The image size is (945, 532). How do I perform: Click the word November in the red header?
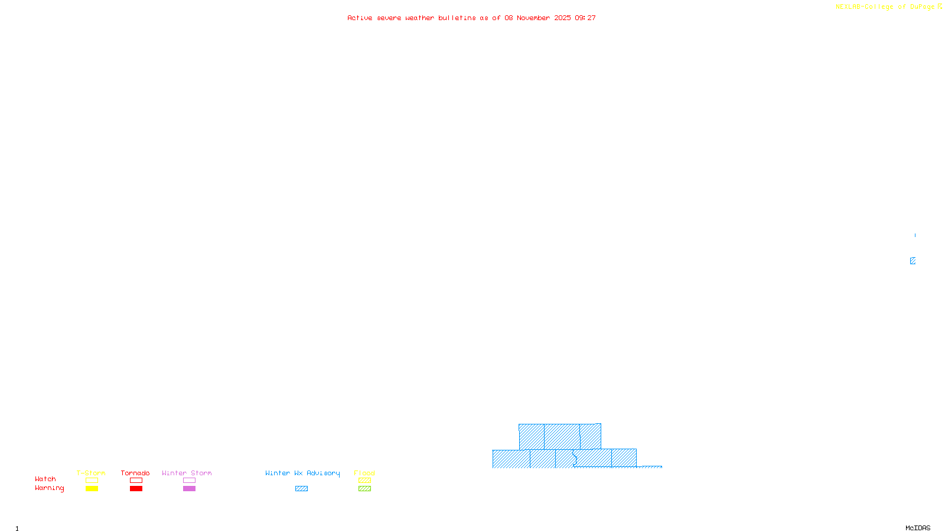(533, 18)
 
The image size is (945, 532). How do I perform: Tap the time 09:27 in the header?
(585, 18)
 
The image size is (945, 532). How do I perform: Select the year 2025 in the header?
(562, 18)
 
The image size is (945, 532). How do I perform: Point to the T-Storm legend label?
(91, 473)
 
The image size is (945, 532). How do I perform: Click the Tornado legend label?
(135, 473)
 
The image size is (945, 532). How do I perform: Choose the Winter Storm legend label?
(187, 473)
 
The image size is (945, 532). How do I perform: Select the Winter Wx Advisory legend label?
(302, 473)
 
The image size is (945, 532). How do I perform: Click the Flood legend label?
(364, 473)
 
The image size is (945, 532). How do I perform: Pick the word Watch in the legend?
(45, 479)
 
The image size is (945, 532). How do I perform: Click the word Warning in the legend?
(49, 488)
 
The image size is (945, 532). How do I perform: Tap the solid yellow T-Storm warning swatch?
(92, 489)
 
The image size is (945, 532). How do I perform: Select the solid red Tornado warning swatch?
(136, 489)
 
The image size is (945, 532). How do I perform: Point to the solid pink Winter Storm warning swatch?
(189, 489)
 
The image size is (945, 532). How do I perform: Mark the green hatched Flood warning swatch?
(364, 489)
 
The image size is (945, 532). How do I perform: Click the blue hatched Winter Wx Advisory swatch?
(301, 489)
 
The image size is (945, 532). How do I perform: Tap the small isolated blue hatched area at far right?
(913, 261)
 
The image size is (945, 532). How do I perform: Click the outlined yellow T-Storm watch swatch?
(92, 481)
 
